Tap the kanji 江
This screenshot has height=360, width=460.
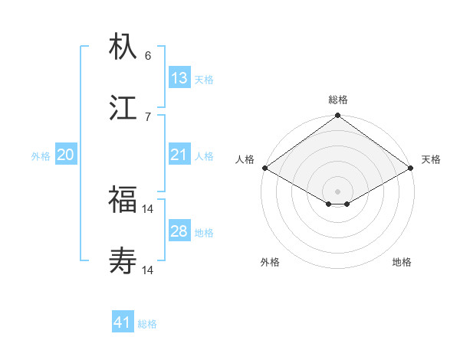[123, 109]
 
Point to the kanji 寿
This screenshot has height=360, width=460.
[123, 262]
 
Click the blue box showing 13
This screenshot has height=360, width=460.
[179, 77]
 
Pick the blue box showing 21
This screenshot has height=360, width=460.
[179, 155]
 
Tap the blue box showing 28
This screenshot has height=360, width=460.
[179, 231]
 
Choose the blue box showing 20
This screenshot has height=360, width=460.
[66, 155]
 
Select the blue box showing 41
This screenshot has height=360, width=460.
[123, 322]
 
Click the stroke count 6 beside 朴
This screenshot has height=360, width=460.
[148, 56]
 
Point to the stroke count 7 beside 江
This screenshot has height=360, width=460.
[148, 117]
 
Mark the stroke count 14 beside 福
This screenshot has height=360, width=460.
[149, 208]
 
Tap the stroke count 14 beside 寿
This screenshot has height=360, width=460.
[149, 270]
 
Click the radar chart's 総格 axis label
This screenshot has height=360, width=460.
[338, 100]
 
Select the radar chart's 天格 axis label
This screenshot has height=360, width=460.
[431, 159]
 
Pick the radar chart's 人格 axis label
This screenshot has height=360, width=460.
[245, 159]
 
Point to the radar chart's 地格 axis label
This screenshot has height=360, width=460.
[402, 262]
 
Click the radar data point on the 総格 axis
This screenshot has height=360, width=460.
[338, 116]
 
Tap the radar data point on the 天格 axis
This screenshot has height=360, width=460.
[411, 169]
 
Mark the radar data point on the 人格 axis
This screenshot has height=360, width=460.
[264, 169]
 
